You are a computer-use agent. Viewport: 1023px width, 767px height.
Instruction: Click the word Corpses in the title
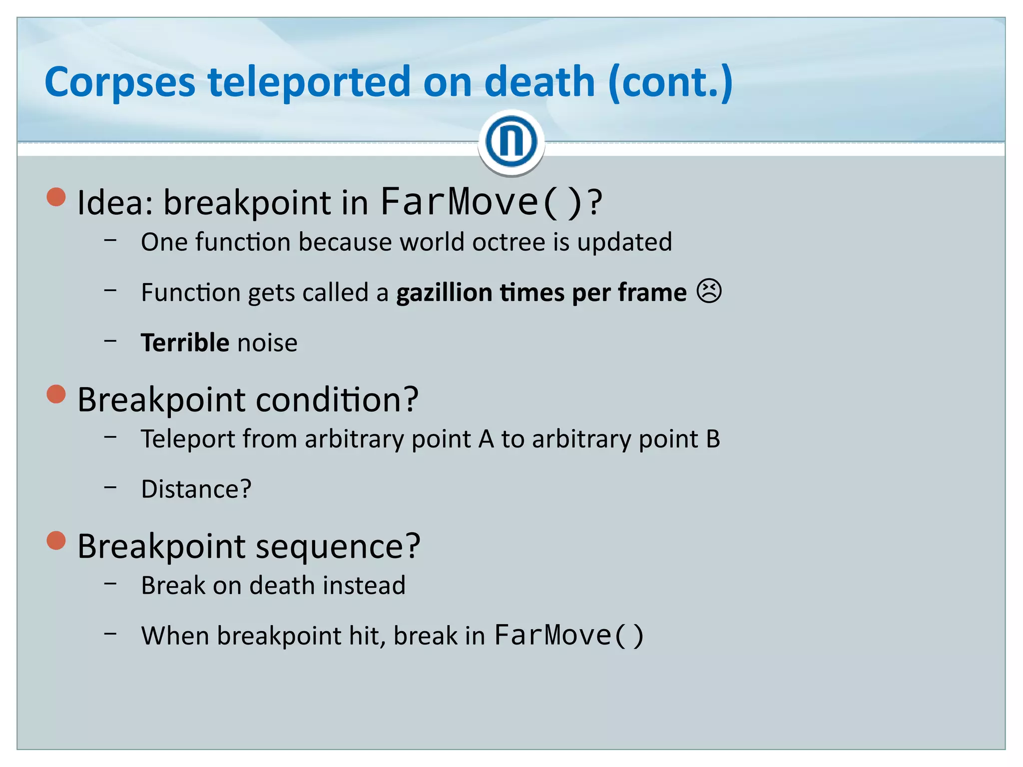(x=120, y=82)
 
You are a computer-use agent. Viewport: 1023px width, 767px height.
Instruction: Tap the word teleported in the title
(x=310, y=82)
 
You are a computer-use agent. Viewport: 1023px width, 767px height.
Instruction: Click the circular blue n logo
(x=511, y=141)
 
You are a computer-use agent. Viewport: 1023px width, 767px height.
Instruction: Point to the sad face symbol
(x=709, y=292)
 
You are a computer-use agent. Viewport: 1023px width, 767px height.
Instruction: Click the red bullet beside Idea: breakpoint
(x=56, y=197)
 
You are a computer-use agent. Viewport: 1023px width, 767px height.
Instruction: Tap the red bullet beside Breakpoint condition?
(x=56, y=394)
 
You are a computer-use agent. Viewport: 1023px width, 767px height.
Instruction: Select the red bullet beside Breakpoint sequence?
(x=56, y=540)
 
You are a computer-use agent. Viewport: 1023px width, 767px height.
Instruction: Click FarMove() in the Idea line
(x=482, y=202)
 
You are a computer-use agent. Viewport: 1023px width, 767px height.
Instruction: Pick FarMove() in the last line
(x=568, y=636)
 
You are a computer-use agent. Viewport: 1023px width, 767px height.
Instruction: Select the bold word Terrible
(x=185, y=343)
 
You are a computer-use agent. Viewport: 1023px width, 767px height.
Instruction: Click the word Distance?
(x=196, y=489)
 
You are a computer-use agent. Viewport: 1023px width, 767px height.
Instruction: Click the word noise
(x=267, y=343)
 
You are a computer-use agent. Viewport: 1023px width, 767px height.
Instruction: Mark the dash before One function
(x=110, y=240)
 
